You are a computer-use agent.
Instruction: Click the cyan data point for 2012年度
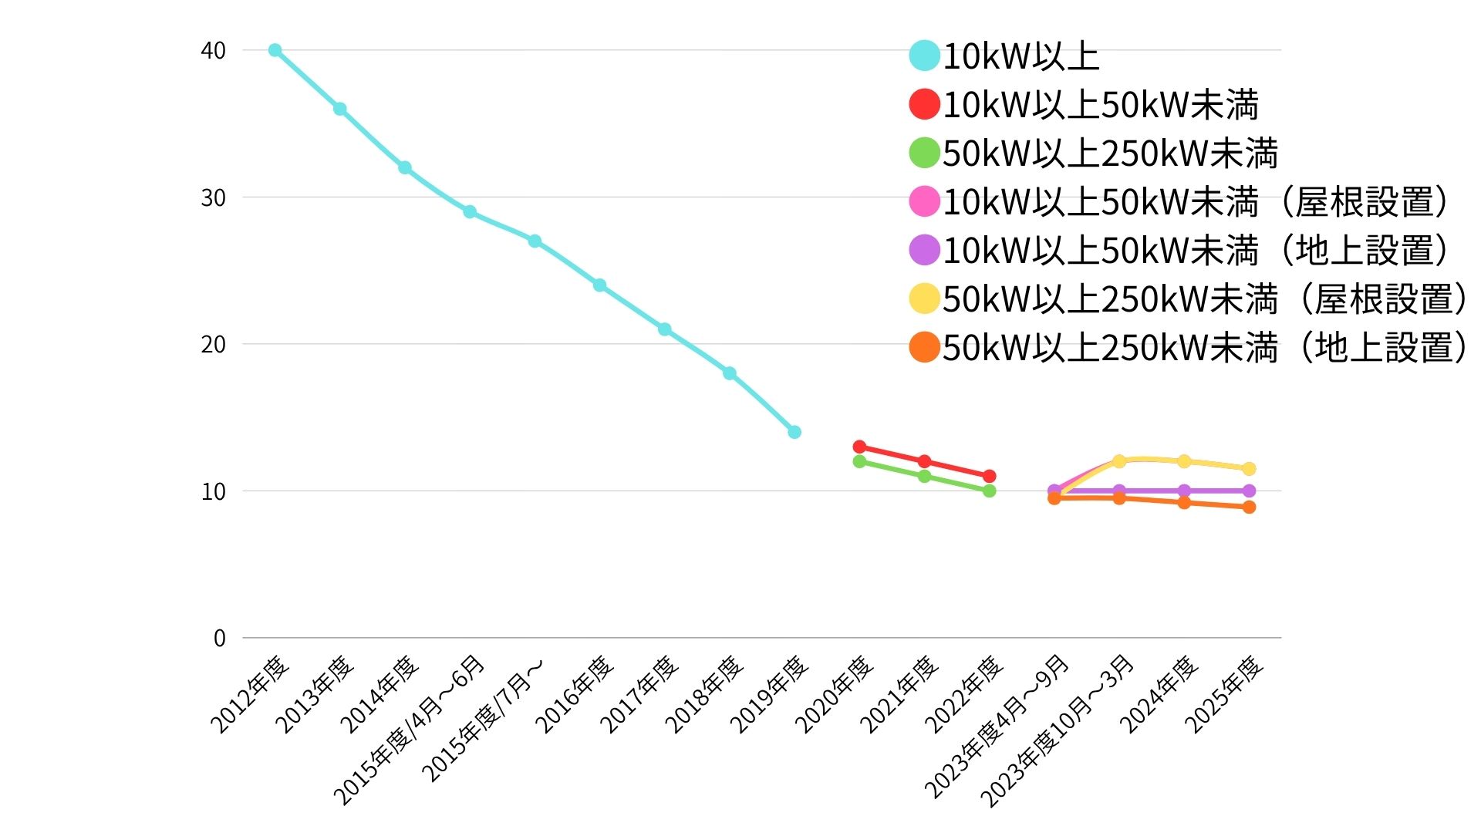275,50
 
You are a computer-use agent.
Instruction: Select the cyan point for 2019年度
794,432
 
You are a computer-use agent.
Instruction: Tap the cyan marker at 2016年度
599,285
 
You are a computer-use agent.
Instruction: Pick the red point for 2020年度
859,447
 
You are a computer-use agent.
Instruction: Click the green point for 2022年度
990,491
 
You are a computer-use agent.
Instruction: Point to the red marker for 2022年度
990,476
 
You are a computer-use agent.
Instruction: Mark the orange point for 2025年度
1249,507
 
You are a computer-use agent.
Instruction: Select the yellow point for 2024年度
1184,461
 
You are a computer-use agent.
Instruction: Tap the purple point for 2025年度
1249,491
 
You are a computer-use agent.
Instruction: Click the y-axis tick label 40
213,51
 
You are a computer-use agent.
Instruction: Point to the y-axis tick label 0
220,639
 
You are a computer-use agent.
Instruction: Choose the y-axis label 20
213,345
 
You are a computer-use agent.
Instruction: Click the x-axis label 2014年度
380,694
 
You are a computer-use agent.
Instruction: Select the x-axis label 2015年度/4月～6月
409,729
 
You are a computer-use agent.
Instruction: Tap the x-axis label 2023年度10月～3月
1057,729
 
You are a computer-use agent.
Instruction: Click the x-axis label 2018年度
703,694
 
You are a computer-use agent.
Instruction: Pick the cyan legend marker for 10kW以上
924,56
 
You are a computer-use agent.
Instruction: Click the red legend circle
924,104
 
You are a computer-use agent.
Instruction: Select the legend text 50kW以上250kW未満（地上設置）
1204,348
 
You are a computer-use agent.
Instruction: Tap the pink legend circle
924,201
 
